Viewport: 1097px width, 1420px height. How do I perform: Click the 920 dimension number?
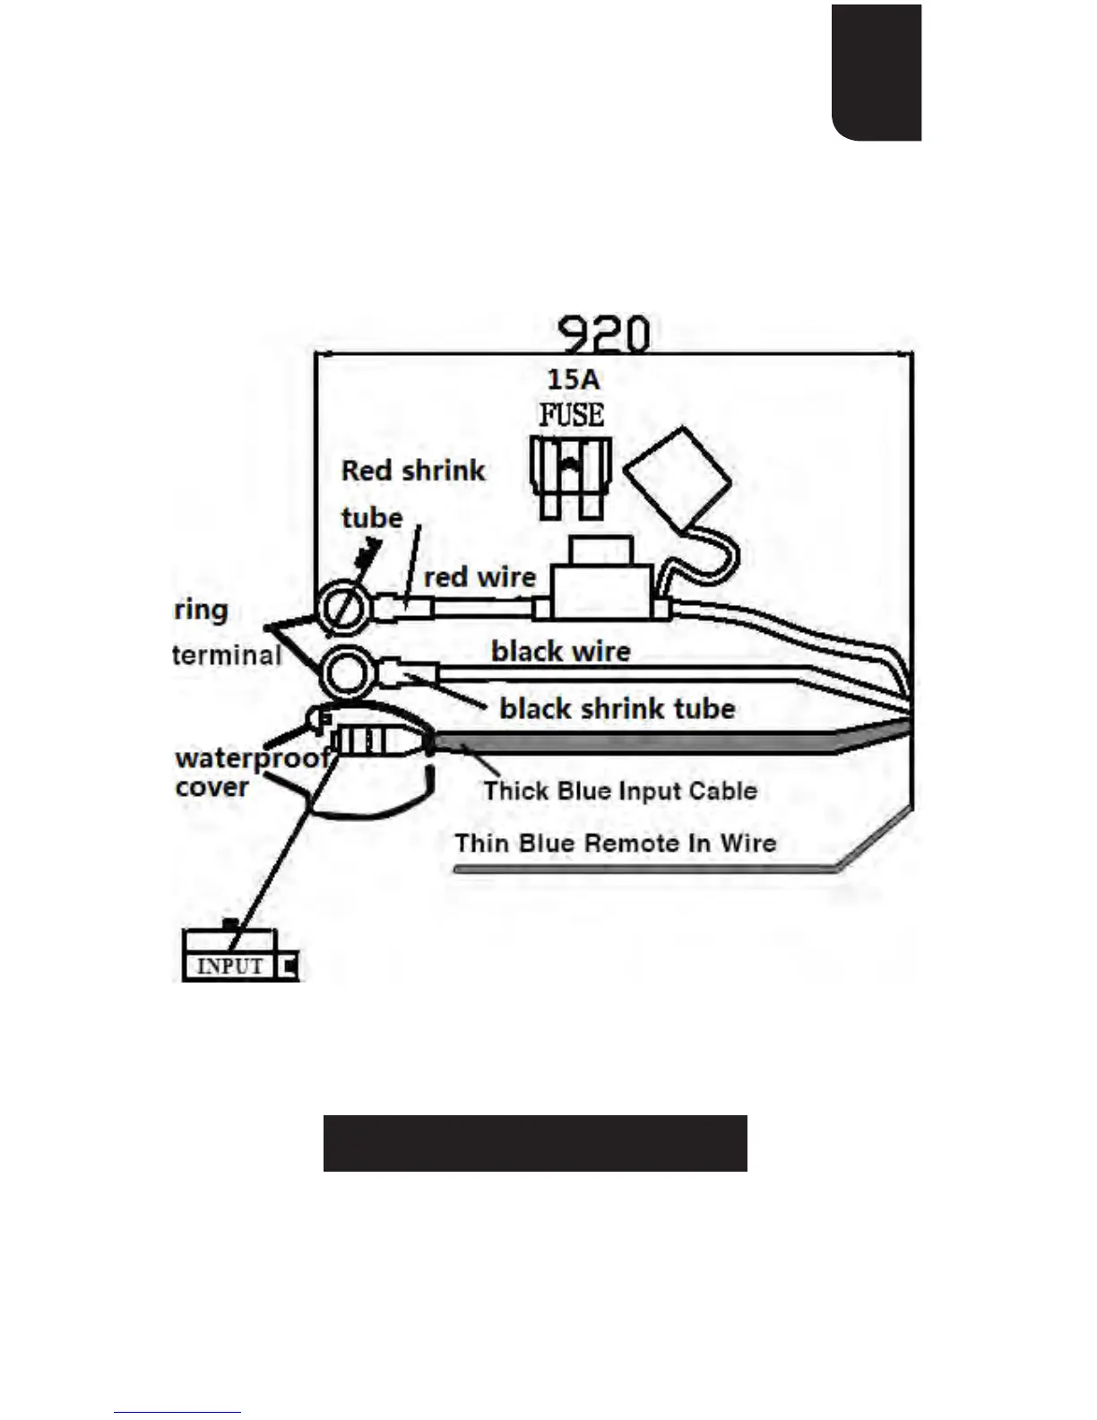point(603,334)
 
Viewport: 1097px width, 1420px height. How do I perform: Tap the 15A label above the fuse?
point(574,379)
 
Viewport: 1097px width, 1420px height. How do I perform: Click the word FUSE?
point(571,414)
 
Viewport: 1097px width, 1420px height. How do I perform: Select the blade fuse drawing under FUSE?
point(570,475)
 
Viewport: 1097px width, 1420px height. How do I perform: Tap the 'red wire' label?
point(479,577)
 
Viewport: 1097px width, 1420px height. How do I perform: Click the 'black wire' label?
point(561,651)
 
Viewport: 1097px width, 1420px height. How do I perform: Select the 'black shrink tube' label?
point(617,708)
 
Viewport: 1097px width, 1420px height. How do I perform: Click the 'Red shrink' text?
point(413,471)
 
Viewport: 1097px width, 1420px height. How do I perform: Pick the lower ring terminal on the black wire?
point(345,672)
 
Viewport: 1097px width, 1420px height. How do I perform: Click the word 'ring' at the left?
point(202,610)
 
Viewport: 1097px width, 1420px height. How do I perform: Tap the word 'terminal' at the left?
point(228,655)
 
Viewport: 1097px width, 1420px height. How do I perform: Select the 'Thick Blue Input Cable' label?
point(620,791)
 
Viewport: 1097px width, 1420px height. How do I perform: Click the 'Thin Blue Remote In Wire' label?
point(615,843)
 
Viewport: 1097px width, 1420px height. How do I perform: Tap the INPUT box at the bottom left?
point(230,965)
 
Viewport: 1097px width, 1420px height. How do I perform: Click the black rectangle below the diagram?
point(535,1143)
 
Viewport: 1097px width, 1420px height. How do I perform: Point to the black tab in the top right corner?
point(877,72)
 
